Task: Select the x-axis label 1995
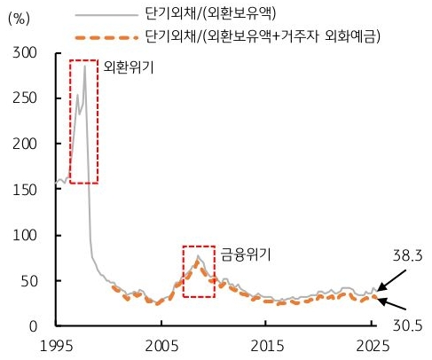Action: point(57,345)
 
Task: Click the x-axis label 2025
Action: point(373,345)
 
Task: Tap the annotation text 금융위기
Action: point(247,254)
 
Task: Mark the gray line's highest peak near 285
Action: point(85,66)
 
